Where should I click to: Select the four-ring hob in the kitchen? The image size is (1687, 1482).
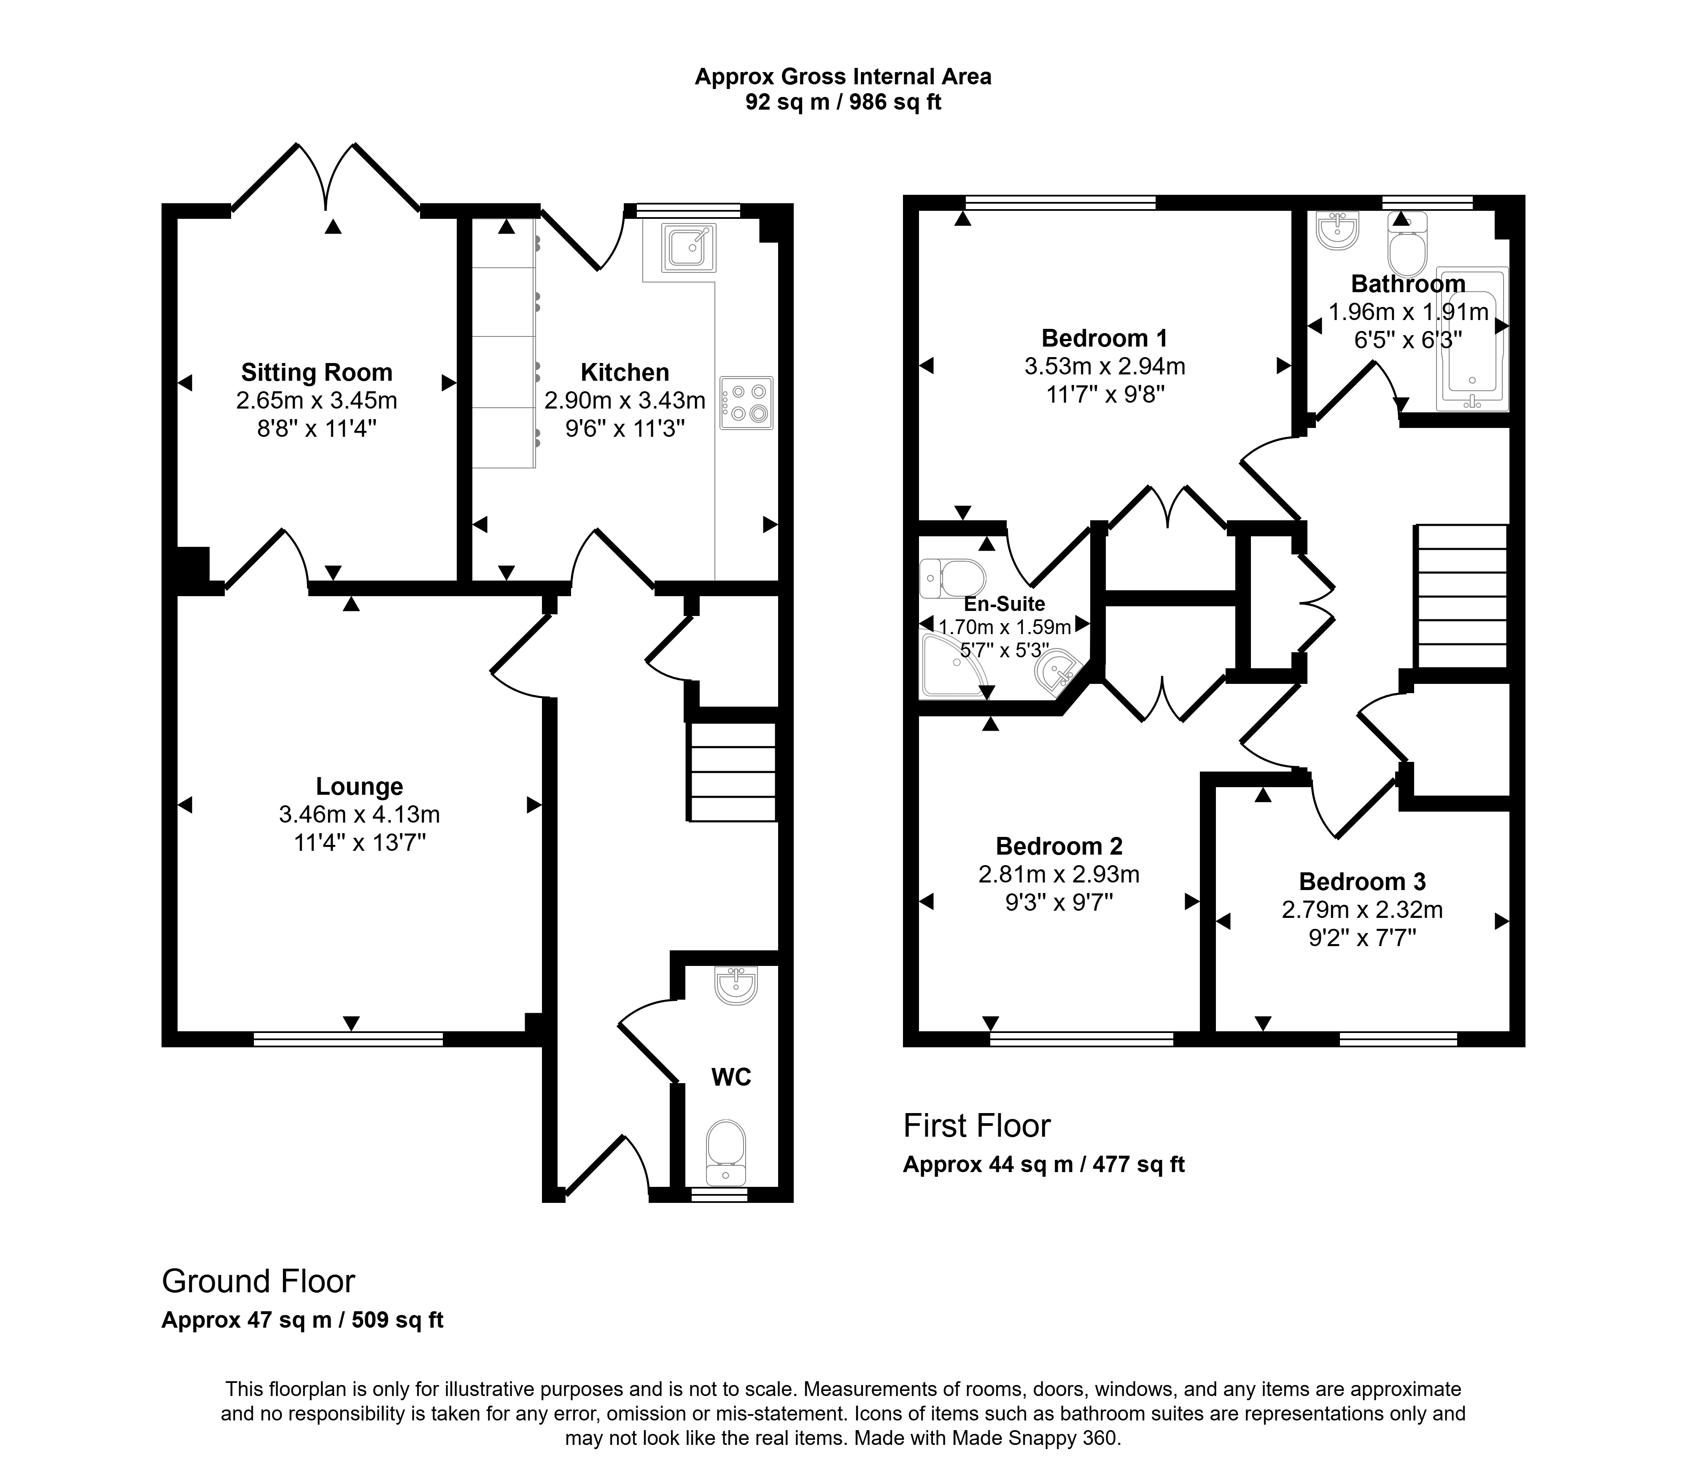pos(746,403)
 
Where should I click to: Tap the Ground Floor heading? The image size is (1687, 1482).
pos(259,1281)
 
